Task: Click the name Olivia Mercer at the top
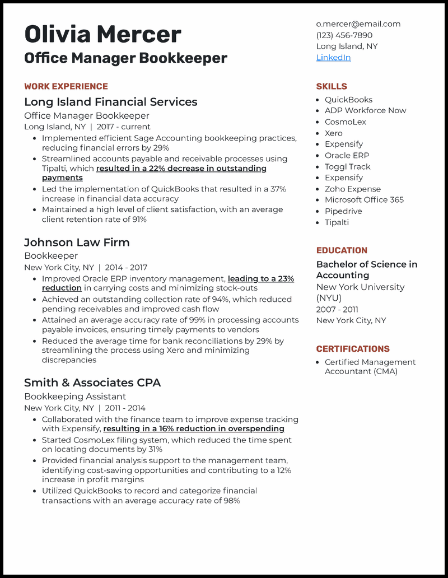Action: pyautogui.click(x=102, y=34)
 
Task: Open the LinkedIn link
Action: pyautogui.click(x=333, y=58)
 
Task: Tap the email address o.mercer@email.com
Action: pyautogui.click(x=358, y=24)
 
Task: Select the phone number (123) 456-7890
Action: pyautogui.click(x=344, y=35)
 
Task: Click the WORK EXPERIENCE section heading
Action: pyautogui.click(x=66, y=86)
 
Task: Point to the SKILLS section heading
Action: pyautogui.click(x=332, y=86)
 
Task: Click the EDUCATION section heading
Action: pyautogui.click(x=342, y=250)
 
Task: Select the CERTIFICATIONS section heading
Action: pyautogui.click(x=353, y=348)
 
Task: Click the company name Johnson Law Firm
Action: pyautogui.click(x=77, y=243)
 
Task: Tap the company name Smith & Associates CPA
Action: pyautogui.click(x=92, y=383)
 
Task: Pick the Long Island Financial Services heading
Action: pyautogui.click(x=110, y=102)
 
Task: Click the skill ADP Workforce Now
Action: pyautogui.click(x=365, y=111)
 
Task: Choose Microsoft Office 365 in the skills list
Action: pyautogui.click(x=364, y=200)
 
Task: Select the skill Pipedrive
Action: pyautogui.click(x=343, y=211)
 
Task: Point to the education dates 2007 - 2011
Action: pyautogui.click(x=337, y=309)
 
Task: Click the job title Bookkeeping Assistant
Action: pyautogui.click(x=75, y=397)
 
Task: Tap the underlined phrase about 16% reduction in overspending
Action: pyautogui.click(x=194, y=429)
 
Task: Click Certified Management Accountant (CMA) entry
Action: pyautogui.click(x=370, y=367)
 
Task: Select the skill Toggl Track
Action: pyautogui.click(x=347, y=167)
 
